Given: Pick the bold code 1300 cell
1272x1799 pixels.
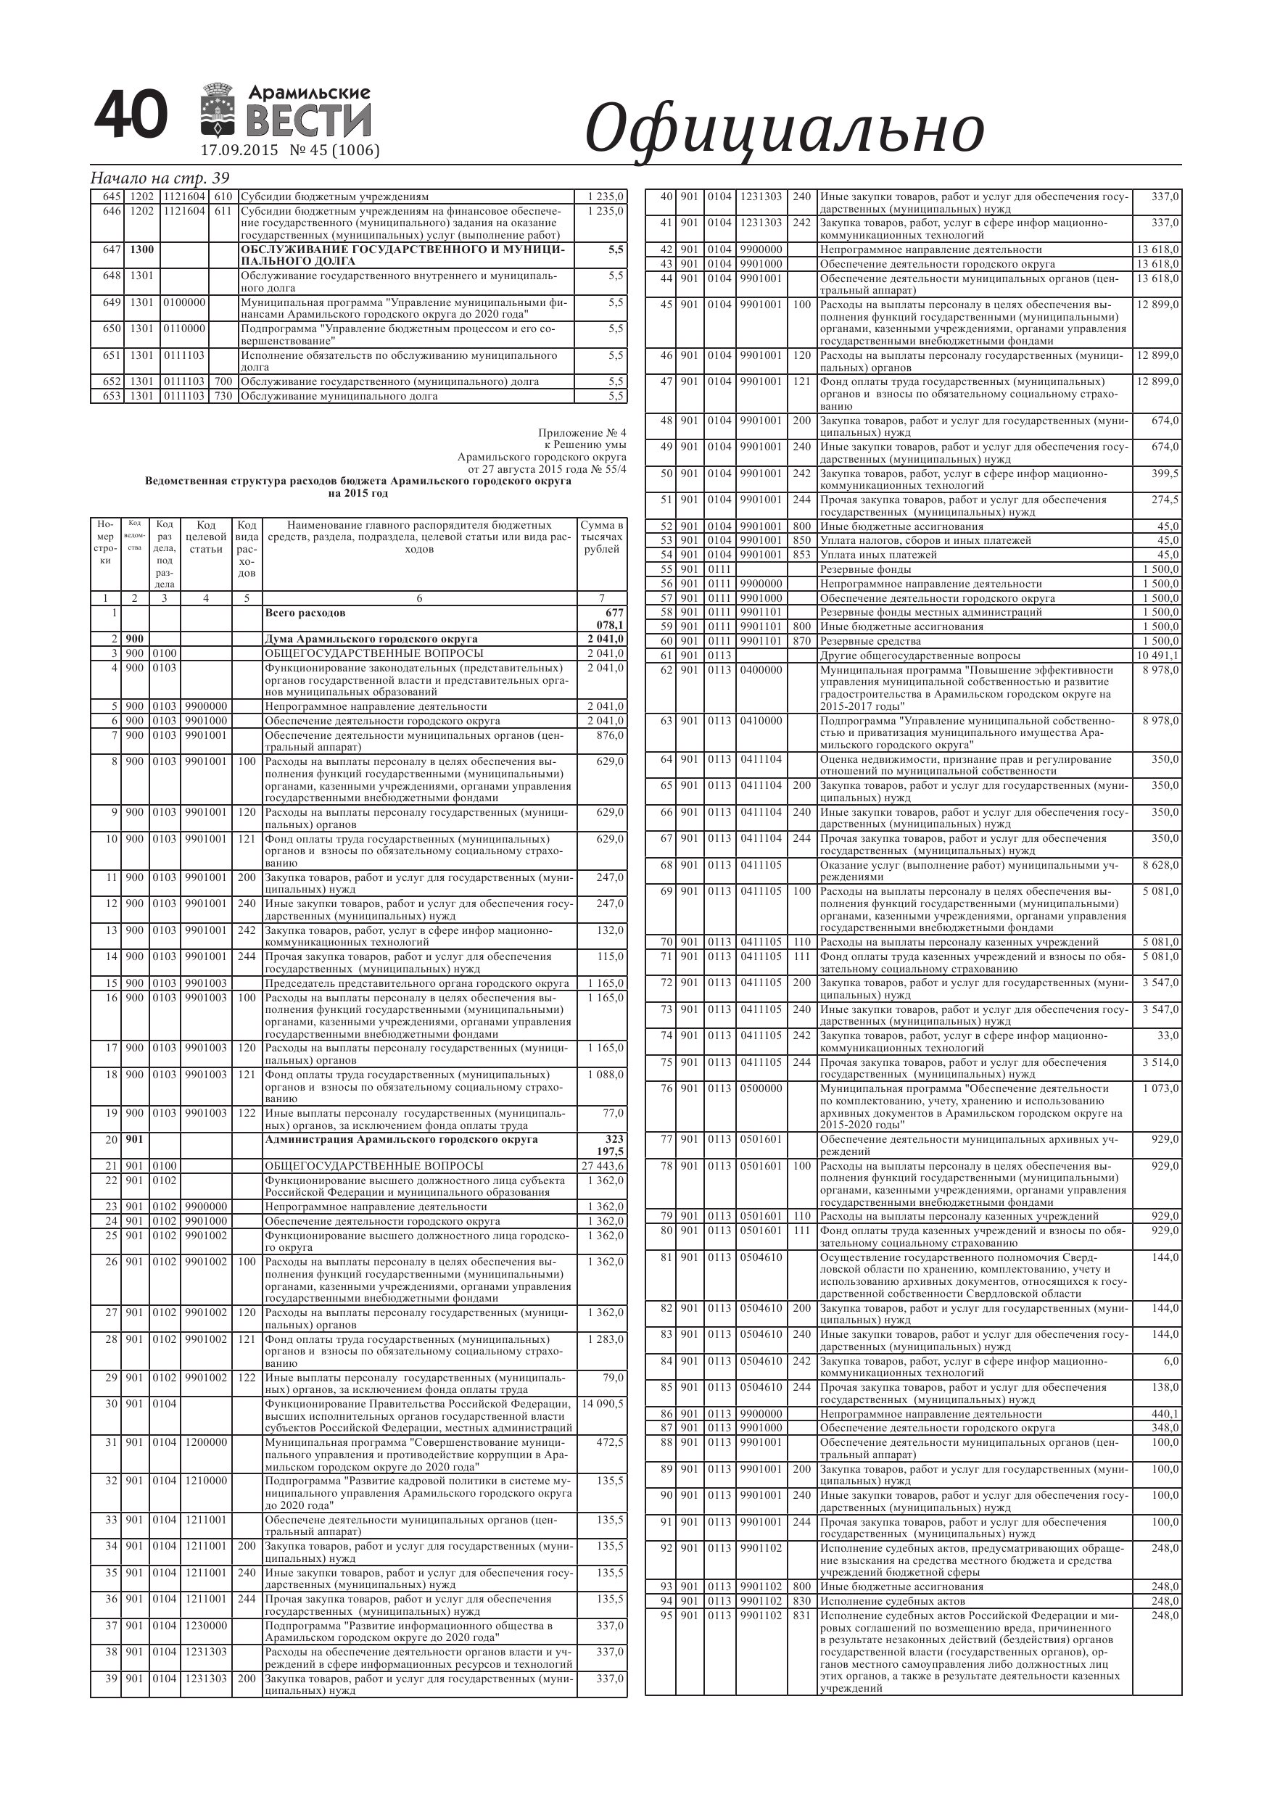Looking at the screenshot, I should [142, 249].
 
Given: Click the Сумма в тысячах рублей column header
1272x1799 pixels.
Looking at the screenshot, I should [602, 537].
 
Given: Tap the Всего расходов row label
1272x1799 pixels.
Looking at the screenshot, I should [305, 613].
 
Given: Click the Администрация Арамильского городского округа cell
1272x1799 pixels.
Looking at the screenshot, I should [401, 1139].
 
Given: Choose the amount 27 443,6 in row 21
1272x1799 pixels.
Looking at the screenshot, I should [603, 1166].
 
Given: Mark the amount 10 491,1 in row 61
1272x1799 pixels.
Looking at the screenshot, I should [1157, 655].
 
